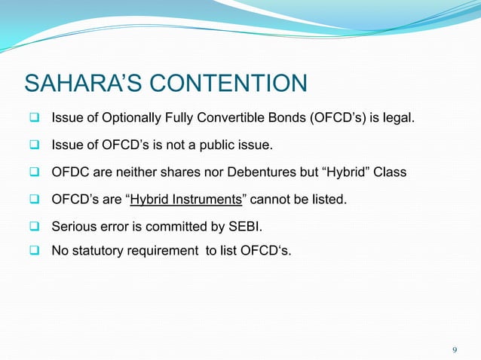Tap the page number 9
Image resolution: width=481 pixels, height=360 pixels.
[454, 349]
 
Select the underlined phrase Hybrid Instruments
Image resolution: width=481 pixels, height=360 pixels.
[181, 200]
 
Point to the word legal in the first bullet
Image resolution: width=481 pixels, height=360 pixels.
[397, 118]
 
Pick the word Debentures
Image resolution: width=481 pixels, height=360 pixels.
[259, 172]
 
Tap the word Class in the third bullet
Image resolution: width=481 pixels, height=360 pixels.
[391, 172]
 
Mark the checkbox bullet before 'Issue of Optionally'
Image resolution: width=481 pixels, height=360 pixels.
[35, 118]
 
